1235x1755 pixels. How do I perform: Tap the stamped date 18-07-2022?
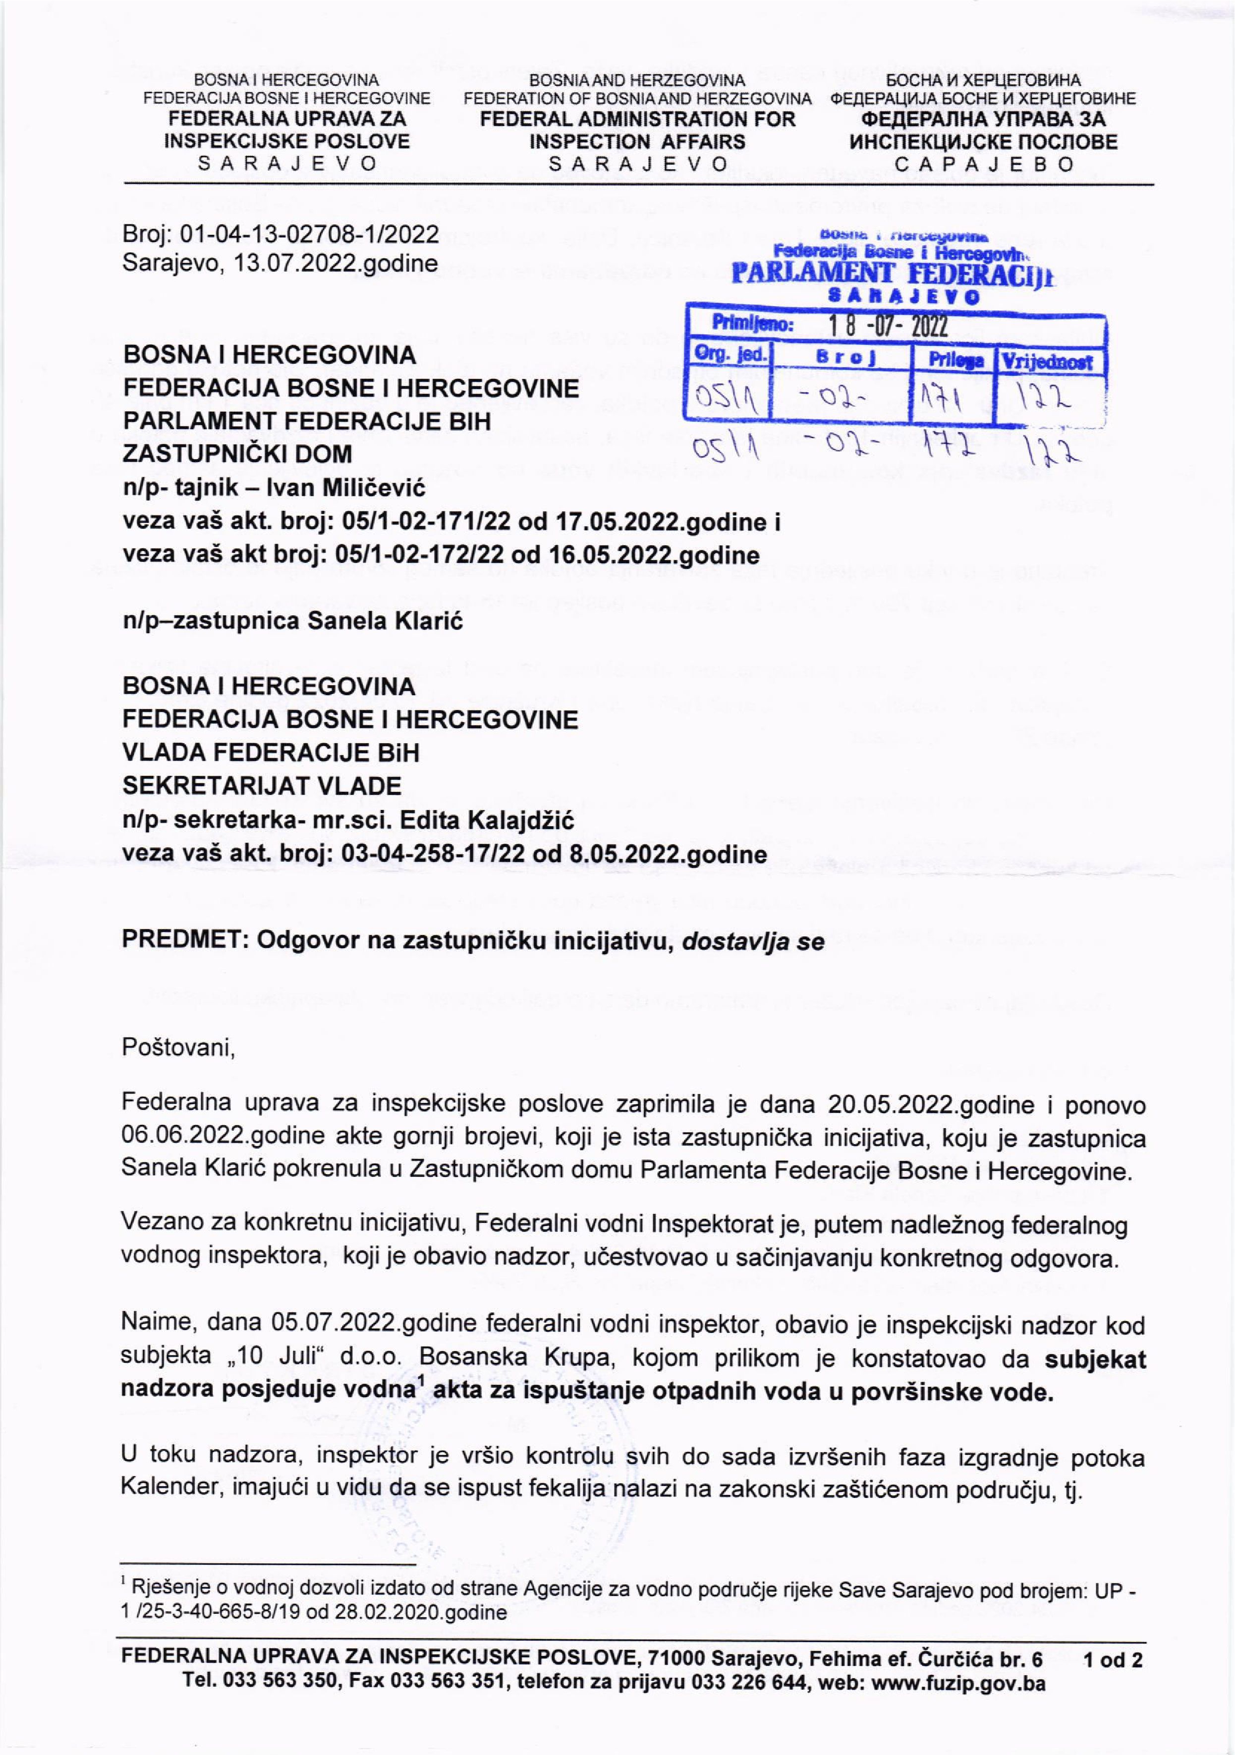[x=888, y=327]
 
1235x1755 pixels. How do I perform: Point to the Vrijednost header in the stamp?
[x=1048, y=362]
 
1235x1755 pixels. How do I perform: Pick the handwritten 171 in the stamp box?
[x=952, y=397]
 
